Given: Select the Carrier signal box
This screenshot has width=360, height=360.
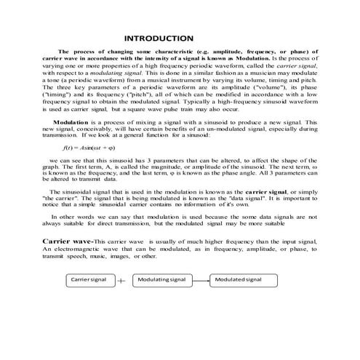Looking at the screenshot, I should pyautogui.click(x=89, y=279).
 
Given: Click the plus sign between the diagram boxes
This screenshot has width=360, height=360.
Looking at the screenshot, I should pyautogui.click(x=121, y=281).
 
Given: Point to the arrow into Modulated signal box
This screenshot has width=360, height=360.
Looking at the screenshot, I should pyautogui.click(x=201, y=279).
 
